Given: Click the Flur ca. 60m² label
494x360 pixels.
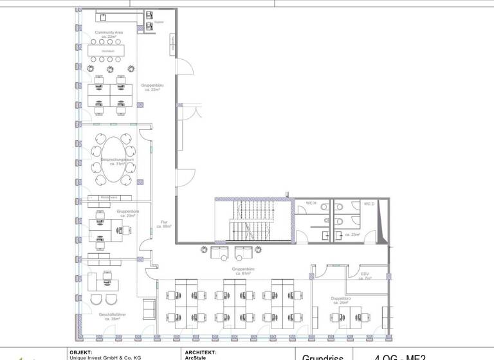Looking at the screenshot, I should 165,224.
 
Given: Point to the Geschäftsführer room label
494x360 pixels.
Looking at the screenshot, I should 112,316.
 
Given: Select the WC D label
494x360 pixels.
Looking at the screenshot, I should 369,204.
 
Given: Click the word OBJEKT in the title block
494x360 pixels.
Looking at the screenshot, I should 80,352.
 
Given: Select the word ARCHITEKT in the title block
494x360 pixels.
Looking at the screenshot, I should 201,352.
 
